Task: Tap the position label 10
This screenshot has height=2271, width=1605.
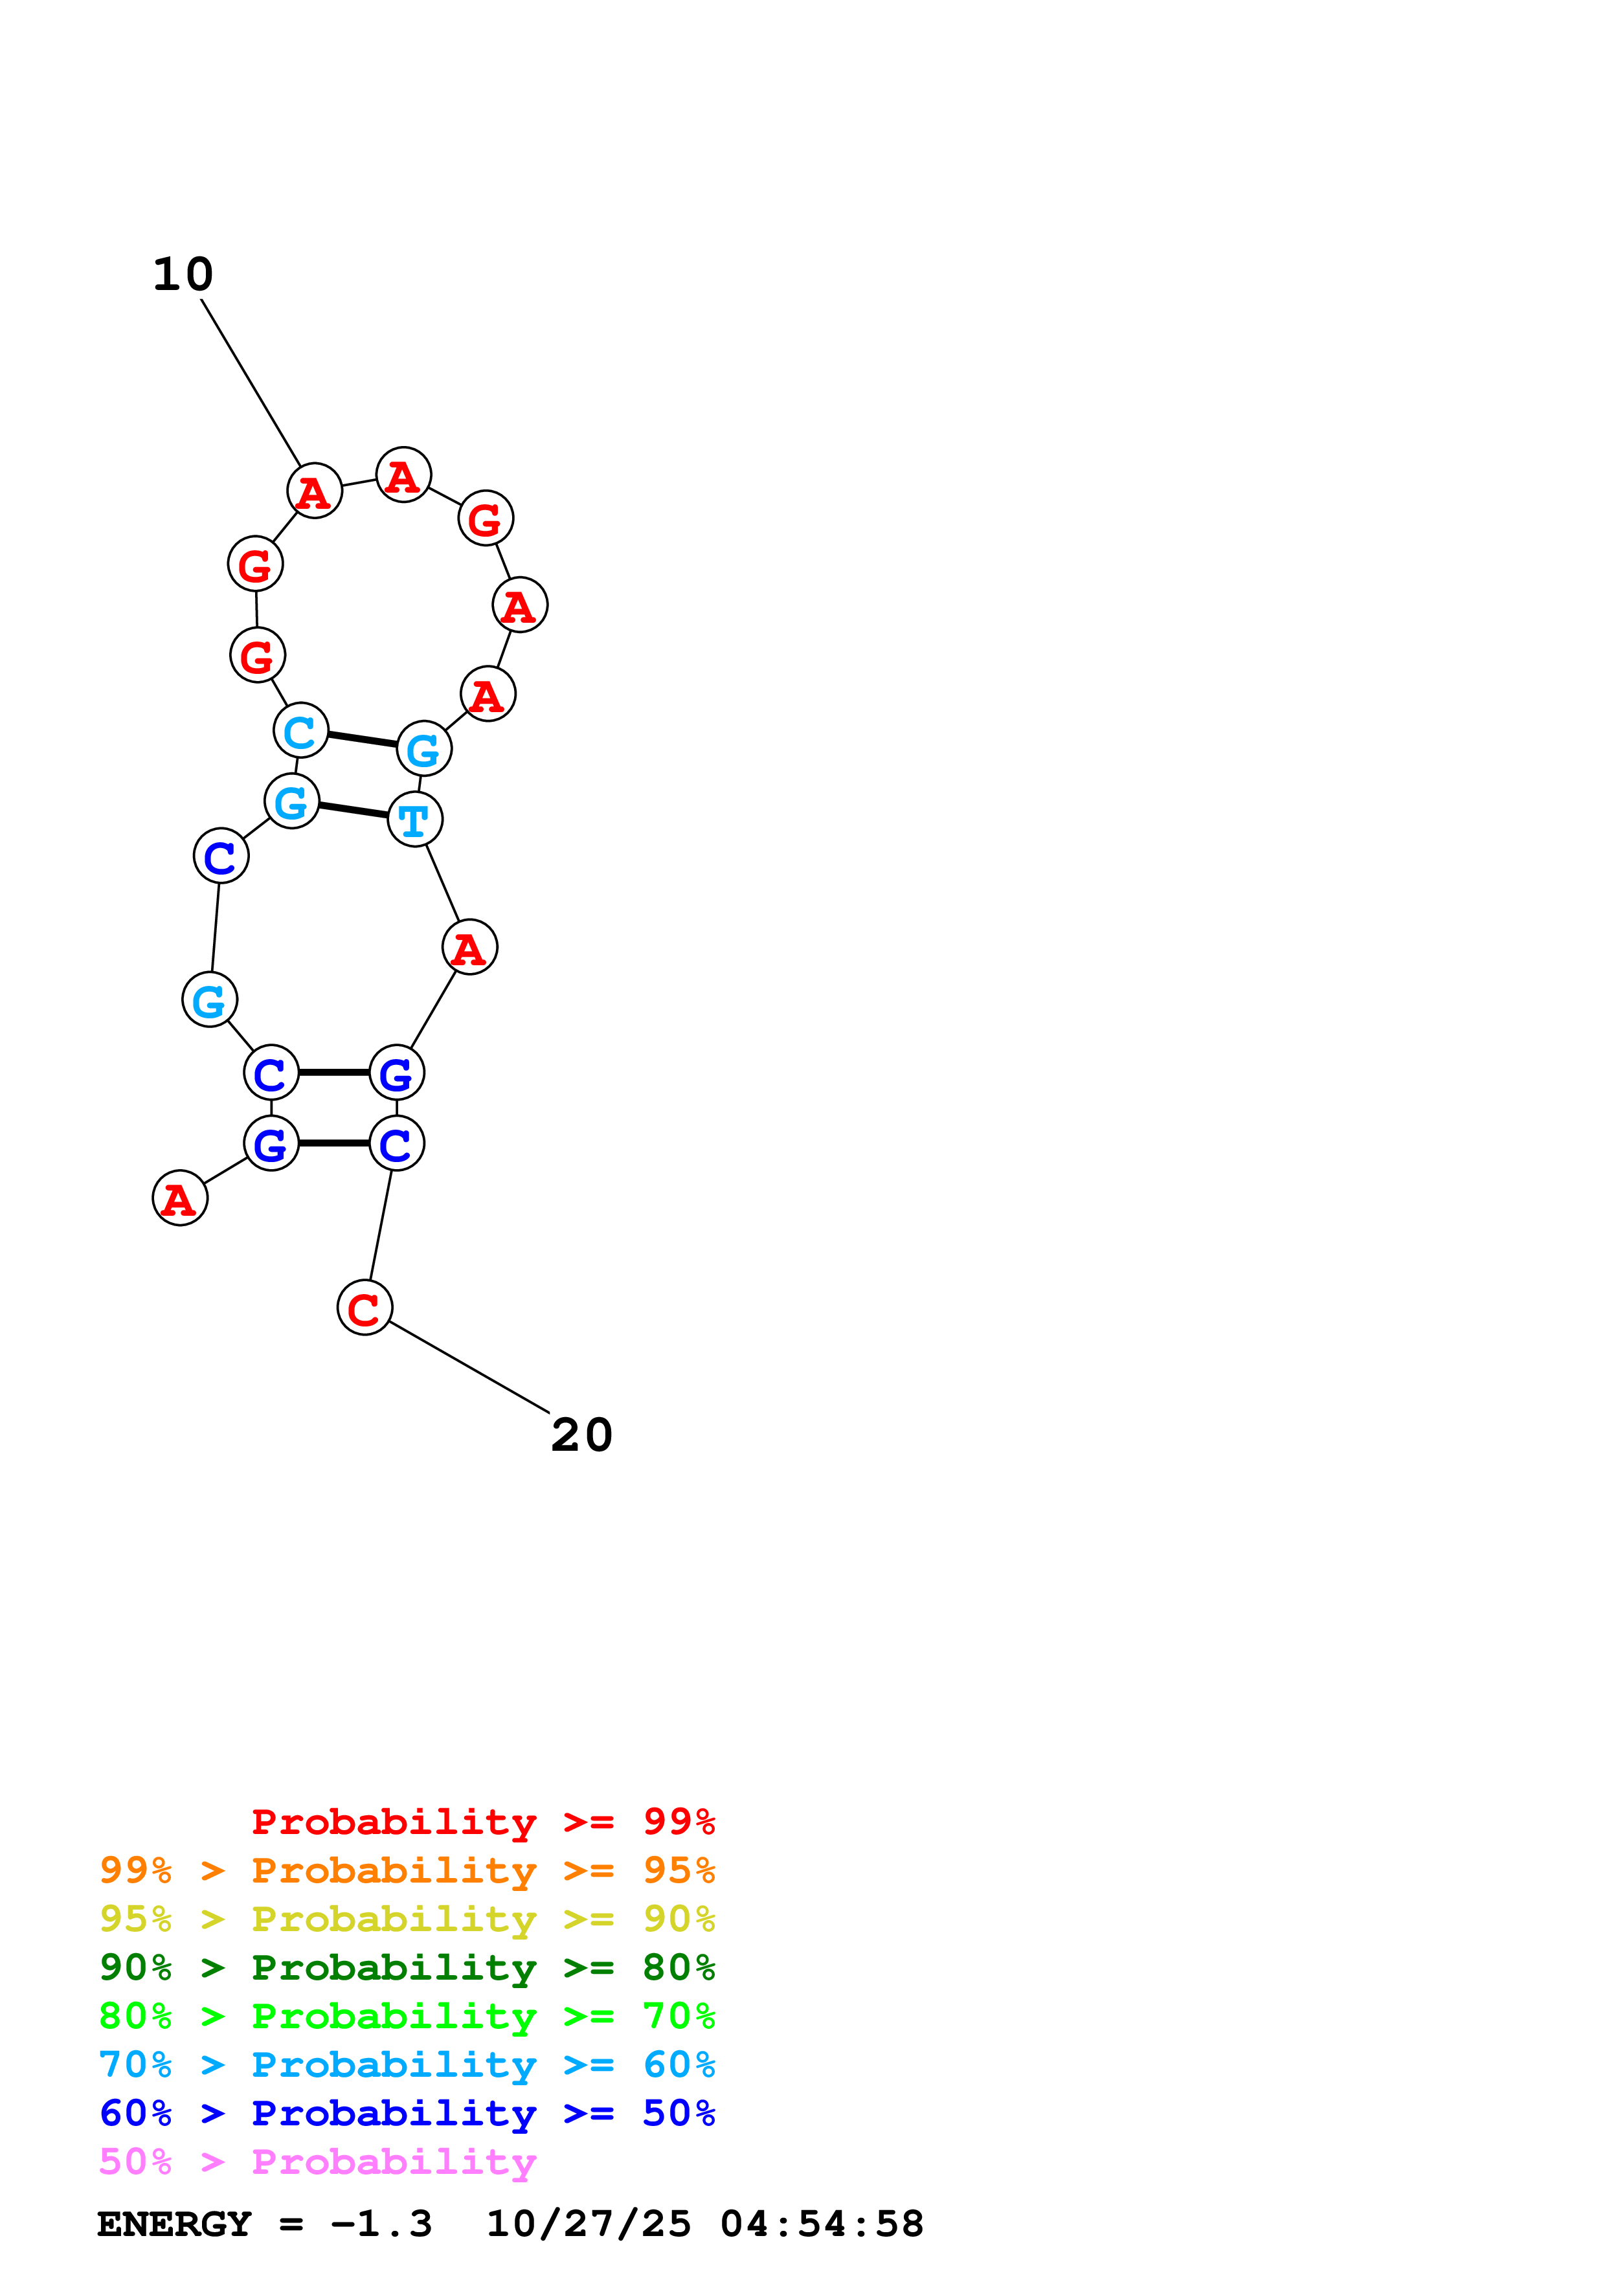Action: (183, 274)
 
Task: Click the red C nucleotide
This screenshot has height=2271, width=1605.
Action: (365, 1308)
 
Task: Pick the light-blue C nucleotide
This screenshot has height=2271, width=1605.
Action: (300, 730)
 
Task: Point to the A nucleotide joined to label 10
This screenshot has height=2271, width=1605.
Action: (315, 491)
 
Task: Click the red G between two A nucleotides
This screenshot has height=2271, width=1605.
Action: (486, 519)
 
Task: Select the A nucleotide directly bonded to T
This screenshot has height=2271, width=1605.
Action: (470, 948)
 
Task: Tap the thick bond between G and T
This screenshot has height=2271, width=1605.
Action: (353, 810)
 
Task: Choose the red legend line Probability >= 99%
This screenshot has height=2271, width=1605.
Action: (482, 1822)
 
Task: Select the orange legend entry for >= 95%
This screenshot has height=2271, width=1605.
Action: (407, 1870)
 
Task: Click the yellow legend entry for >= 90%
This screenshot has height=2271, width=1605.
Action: (407, 1919)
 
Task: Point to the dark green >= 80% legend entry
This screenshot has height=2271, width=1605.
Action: (407, 1967)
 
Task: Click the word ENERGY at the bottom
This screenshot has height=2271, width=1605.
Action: (174, 2224)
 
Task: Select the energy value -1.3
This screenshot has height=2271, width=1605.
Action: (382, 2224)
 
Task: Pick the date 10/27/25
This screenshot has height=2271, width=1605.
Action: (589, 2224)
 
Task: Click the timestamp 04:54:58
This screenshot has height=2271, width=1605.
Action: (822, 2224)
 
